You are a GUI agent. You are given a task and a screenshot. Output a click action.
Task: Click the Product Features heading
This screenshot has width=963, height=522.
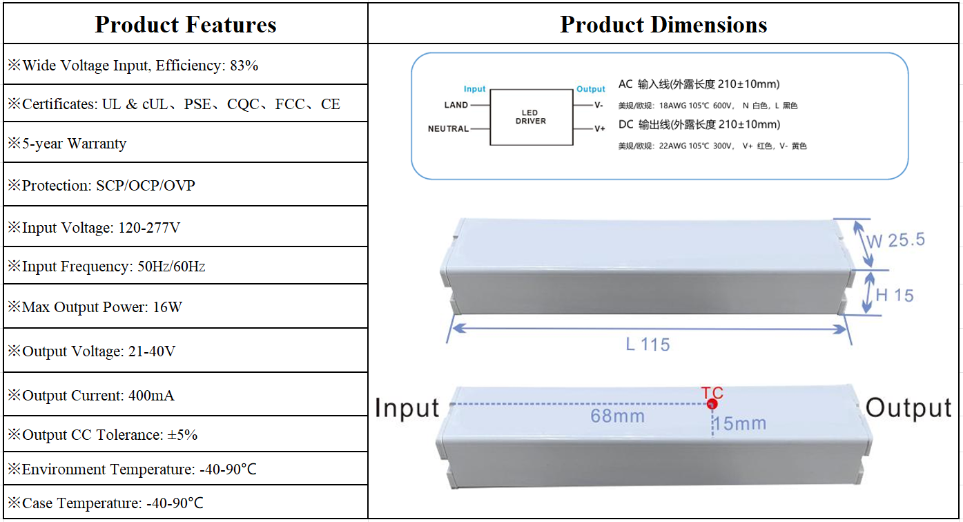click(185, 25)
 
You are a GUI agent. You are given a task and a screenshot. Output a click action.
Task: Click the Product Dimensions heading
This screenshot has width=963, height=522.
click(663, 25)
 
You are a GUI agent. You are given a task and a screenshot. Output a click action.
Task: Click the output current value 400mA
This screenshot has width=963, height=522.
click(151, 396)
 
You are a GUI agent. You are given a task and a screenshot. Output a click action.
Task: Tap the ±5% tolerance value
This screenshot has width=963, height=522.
click(182, 435)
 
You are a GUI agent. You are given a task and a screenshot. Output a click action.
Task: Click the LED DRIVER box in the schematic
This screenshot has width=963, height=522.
click(531, 117)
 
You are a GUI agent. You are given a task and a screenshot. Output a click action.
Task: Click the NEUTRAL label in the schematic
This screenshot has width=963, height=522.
click(448, 129)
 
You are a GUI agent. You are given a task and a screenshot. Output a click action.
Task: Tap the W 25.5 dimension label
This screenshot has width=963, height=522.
click(895, 240)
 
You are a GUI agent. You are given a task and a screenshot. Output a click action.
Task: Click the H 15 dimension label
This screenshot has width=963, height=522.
click(894, 296)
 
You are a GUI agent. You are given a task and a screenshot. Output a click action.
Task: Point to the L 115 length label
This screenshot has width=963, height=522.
click(648, 344)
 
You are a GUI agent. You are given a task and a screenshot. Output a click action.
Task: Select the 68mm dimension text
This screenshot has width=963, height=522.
click(617, 416)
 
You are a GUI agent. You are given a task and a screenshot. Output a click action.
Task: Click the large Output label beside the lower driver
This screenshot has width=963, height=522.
click(908, 408)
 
